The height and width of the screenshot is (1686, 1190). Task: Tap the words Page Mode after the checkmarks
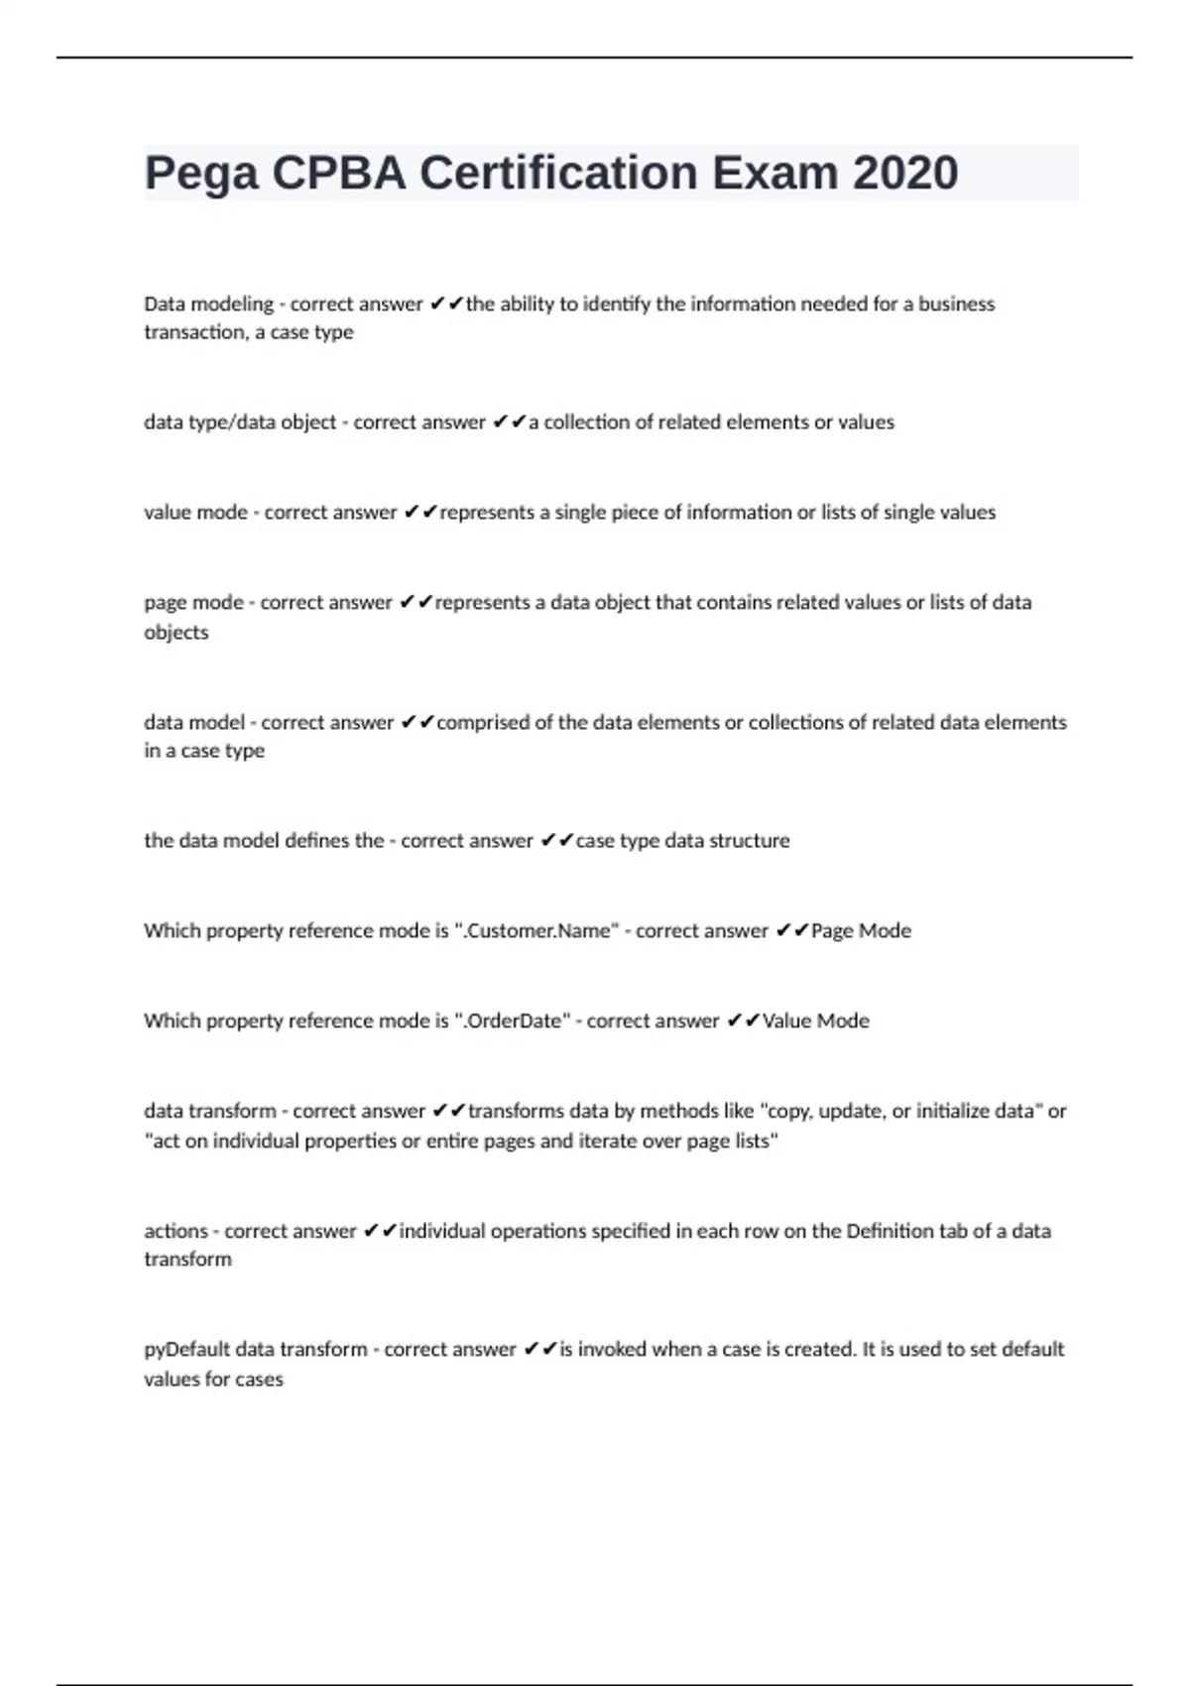[861, 931]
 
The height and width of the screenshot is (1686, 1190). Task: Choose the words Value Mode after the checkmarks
[815, 1022]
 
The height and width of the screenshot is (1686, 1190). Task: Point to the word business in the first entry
[956, 304]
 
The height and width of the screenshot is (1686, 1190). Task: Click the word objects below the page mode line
[177, 633]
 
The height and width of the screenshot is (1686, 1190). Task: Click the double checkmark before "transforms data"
[449, 1112]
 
